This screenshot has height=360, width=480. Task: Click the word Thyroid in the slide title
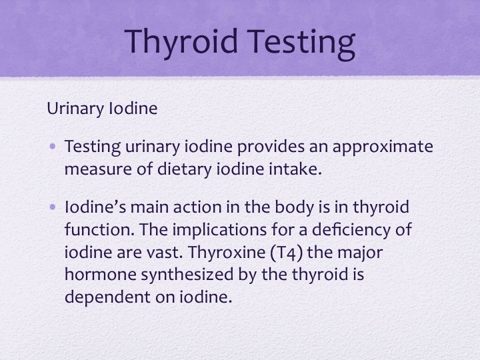(181, 42)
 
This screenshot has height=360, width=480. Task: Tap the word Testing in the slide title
(301, 42)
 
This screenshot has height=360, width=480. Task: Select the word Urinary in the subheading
(75, 109)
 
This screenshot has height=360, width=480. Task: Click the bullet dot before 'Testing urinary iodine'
(53, 146)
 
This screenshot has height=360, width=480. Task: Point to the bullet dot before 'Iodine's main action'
(53, 207)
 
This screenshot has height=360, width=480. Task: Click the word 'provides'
(271, 147)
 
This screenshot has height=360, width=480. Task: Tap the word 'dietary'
(184, 169)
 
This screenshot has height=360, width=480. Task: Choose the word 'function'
(97, 229)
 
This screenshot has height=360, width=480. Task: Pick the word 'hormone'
(101, 274)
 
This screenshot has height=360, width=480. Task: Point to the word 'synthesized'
(187, 275)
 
